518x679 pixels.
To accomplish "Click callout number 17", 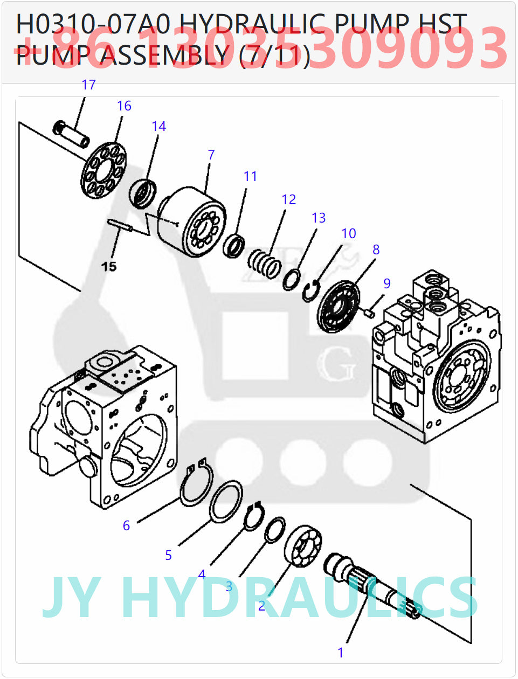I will point(88,85).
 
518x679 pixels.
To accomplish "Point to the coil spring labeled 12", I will point(264,264).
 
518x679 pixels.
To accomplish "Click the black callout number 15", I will point(109,266).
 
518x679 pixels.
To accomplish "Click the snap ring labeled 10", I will point(310,292).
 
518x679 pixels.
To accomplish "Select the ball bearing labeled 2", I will point(303,545).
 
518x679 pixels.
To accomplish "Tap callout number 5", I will point(168,555).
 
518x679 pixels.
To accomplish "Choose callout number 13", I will point(319,218).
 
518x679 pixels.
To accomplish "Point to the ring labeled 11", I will point(234,246).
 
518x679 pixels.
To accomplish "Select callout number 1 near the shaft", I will point(340,653).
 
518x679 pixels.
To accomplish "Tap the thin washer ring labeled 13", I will point(292,280).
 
